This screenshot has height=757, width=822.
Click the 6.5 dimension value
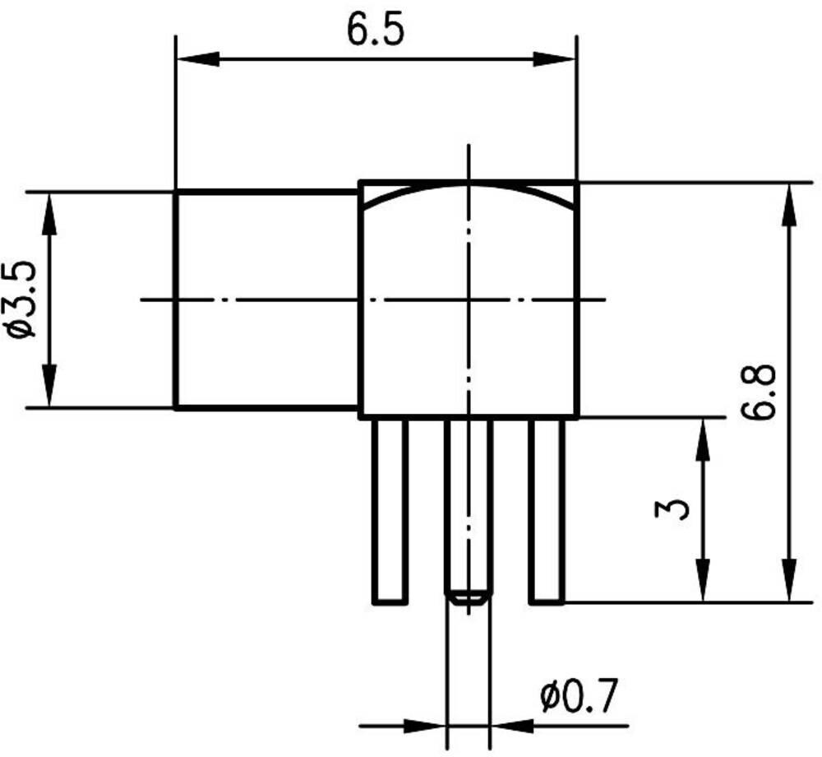[376, 30]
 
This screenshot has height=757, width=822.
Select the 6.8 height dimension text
[759, 392]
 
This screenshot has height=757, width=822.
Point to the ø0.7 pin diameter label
[580, 696]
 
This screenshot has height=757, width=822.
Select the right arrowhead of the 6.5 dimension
[554, 59]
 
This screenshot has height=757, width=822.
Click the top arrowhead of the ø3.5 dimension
[49, 215]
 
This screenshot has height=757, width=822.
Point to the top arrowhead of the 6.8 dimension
[789, 205]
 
